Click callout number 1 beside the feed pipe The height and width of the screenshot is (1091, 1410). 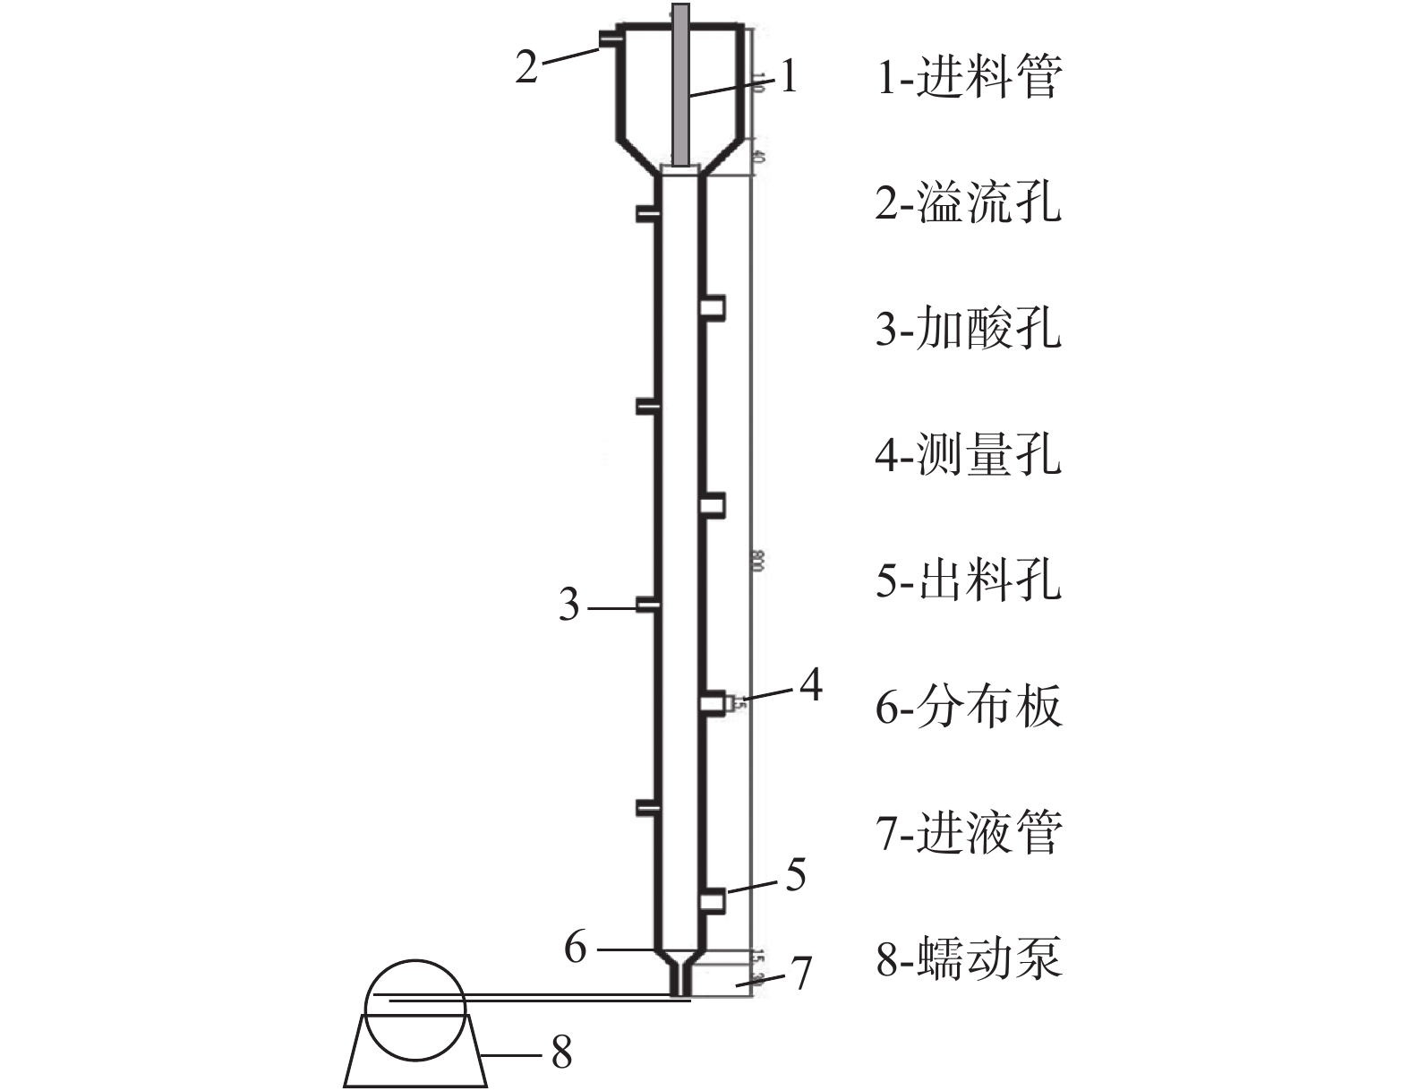788,77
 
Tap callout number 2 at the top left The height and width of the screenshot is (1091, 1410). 526,66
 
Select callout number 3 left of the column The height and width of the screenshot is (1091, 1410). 569,606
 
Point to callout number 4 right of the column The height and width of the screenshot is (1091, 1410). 810,686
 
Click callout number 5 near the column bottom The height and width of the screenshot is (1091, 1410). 796,875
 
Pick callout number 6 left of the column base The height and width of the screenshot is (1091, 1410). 576,947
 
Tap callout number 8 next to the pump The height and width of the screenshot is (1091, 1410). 561,1053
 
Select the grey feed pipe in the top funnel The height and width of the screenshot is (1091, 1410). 680,85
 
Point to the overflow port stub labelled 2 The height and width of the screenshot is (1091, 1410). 606,39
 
